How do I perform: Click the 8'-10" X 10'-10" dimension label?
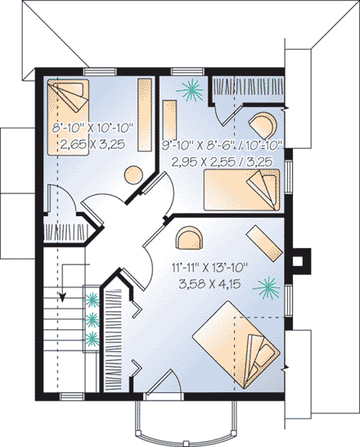click(92, 129)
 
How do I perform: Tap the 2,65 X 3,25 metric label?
click(92, 143)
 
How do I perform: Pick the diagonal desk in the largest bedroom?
click(263, 243)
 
